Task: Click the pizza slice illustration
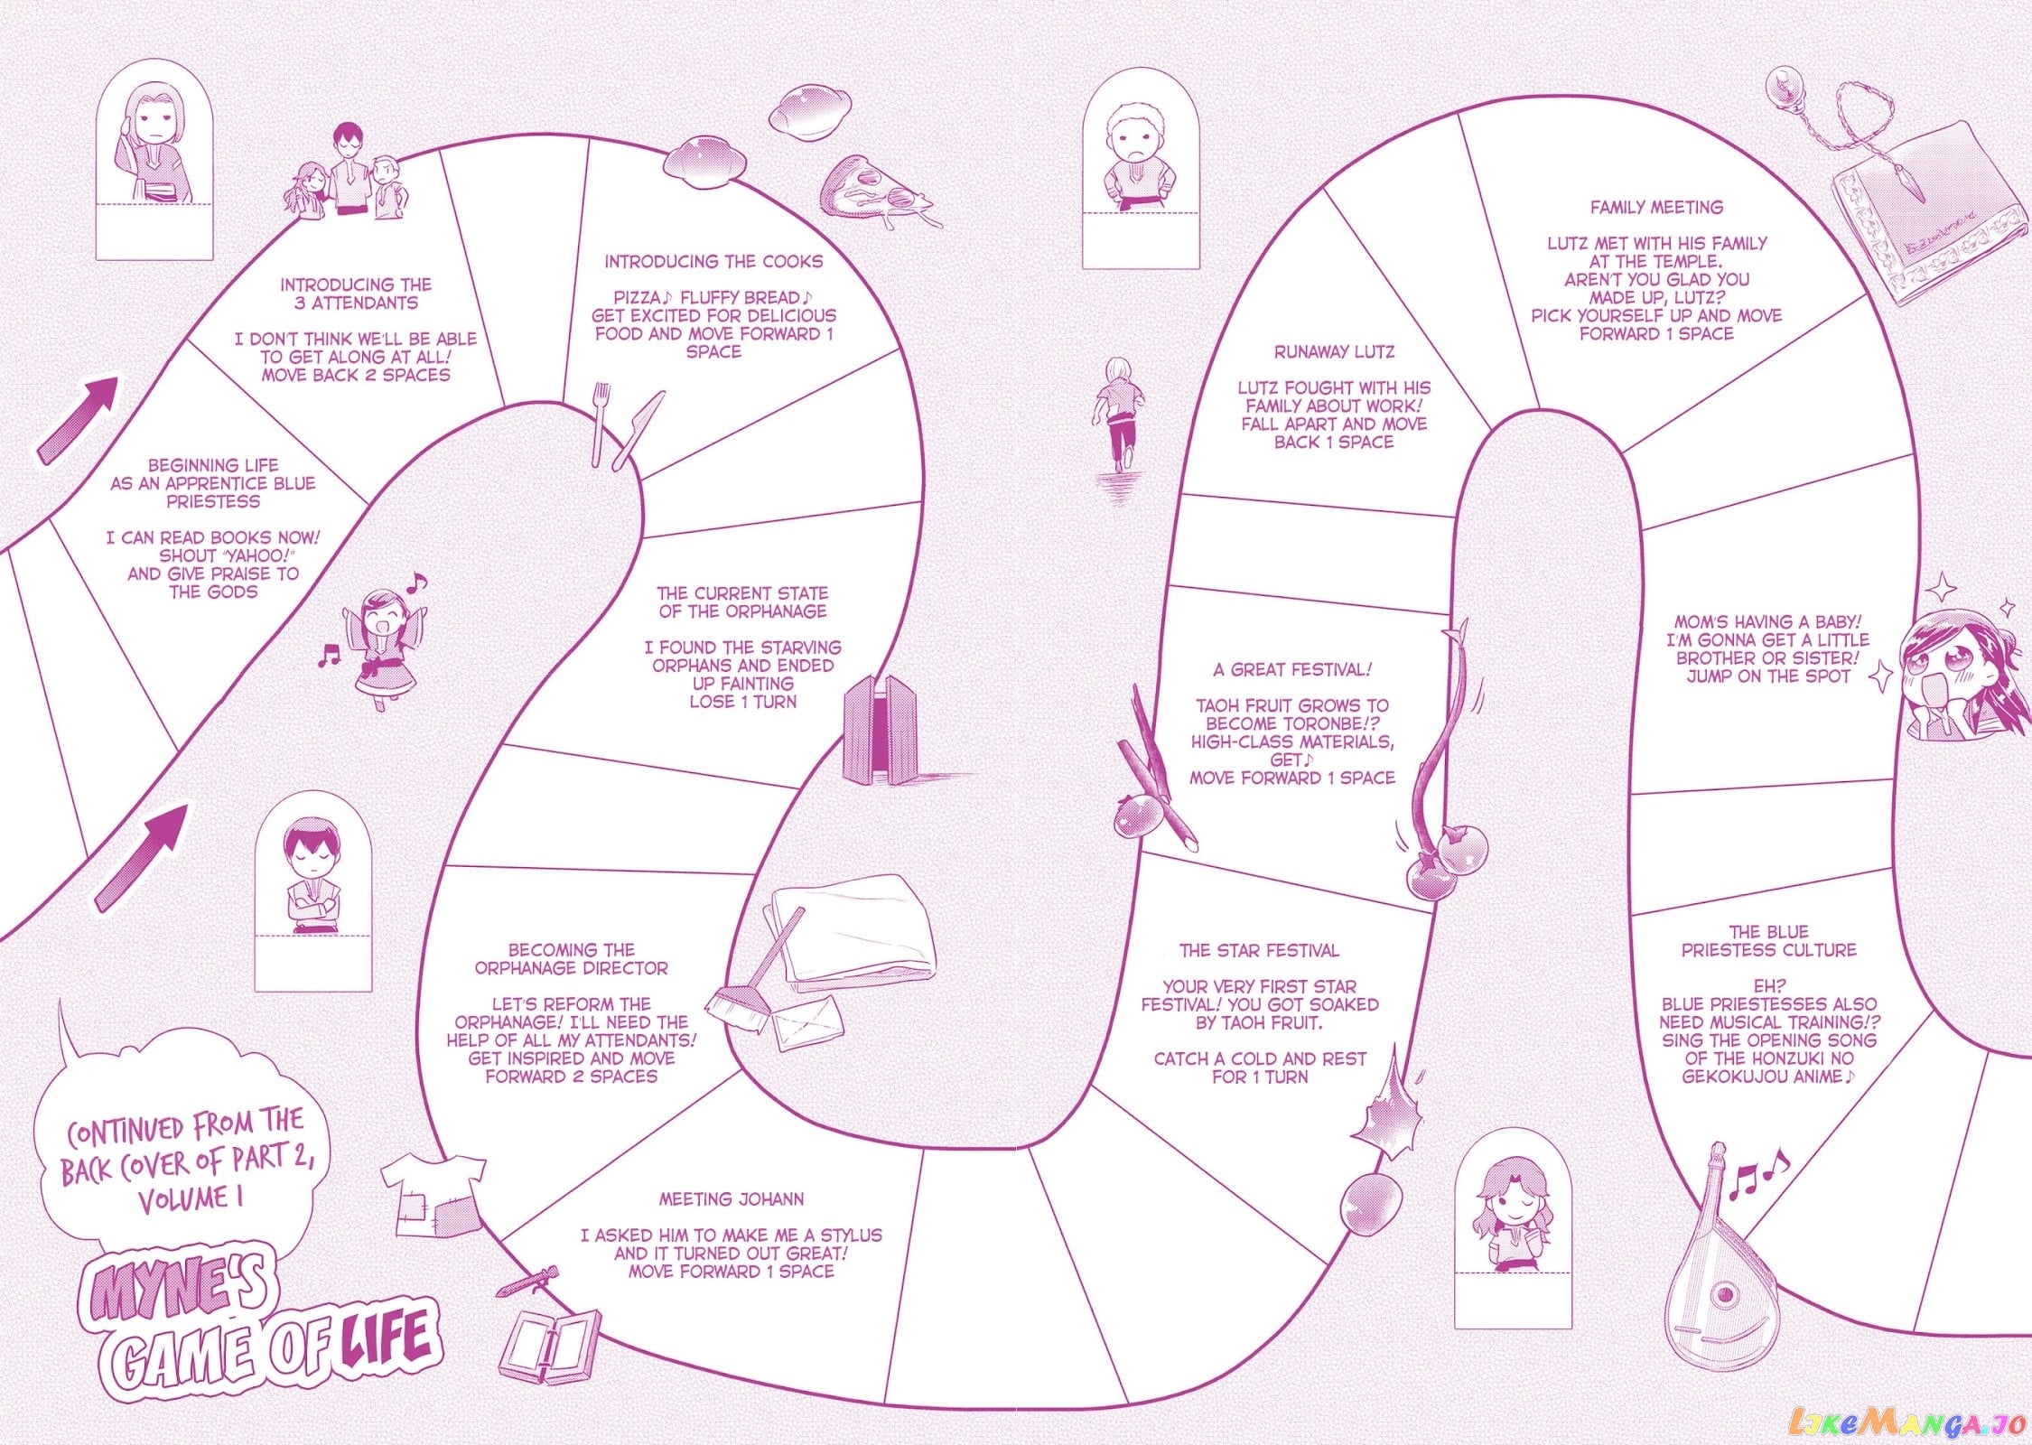click(876, 191)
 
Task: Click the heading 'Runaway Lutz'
click(1334, 351)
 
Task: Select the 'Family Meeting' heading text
click(1656, 207)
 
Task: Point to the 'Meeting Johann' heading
click(731, 1198)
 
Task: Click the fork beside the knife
click(600, 423)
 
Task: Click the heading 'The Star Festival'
click(1259, 950)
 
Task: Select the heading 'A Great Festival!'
click(1292, 669)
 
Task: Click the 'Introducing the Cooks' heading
click(713, 261)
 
